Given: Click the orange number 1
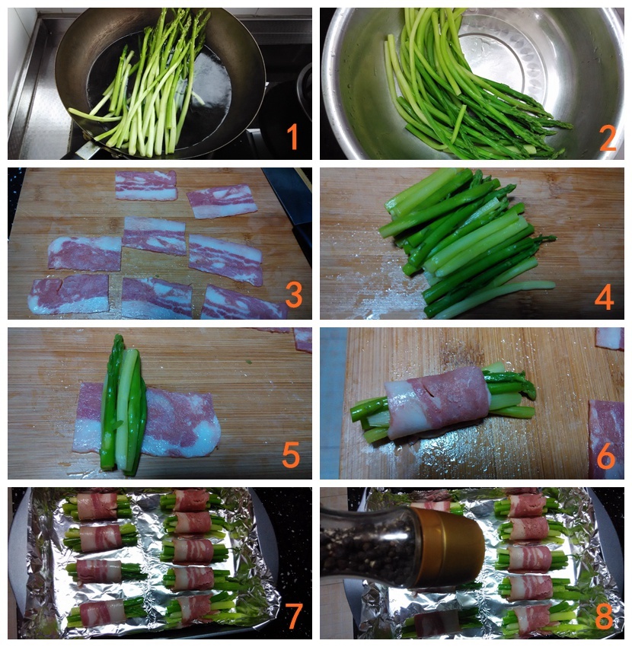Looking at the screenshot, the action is coord(292,137).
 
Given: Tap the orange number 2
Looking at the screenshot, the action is coord(608,139).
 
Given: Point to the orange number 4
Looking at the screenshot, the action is coord(604,297).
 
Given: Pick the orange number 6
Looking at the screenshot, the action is coord(605,456).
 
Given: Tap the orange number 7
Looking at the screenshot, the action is coord(295,616).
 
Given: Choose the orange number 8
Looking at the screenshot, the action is coord(605,616).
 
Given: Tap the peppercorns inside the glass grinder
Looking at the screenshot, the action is coord(367,545).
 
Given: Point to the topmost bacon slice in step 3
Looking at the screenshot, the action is coord(146,185).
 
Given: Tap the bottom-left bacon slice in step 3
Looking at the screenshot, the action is coord(69,294).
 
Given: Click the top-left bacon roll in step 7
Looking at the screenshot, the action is coord(97,505).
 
